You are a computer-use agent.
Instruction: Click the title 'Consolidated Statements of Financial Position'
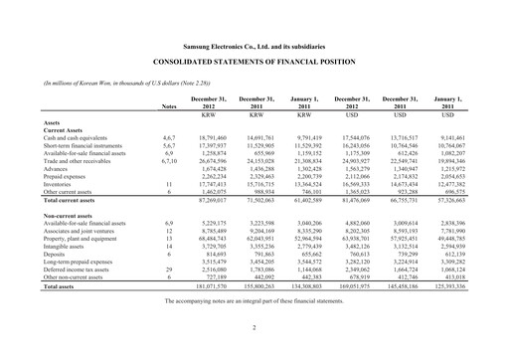tap(254, 62)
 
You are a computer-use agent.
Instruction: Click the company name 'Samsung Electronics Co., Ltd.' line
tap(254, 47)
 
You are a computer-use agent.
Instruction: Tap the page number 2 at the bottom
tap(254, 326)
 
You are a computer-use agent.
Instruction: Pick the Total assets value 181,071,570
tap(210, 285)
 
